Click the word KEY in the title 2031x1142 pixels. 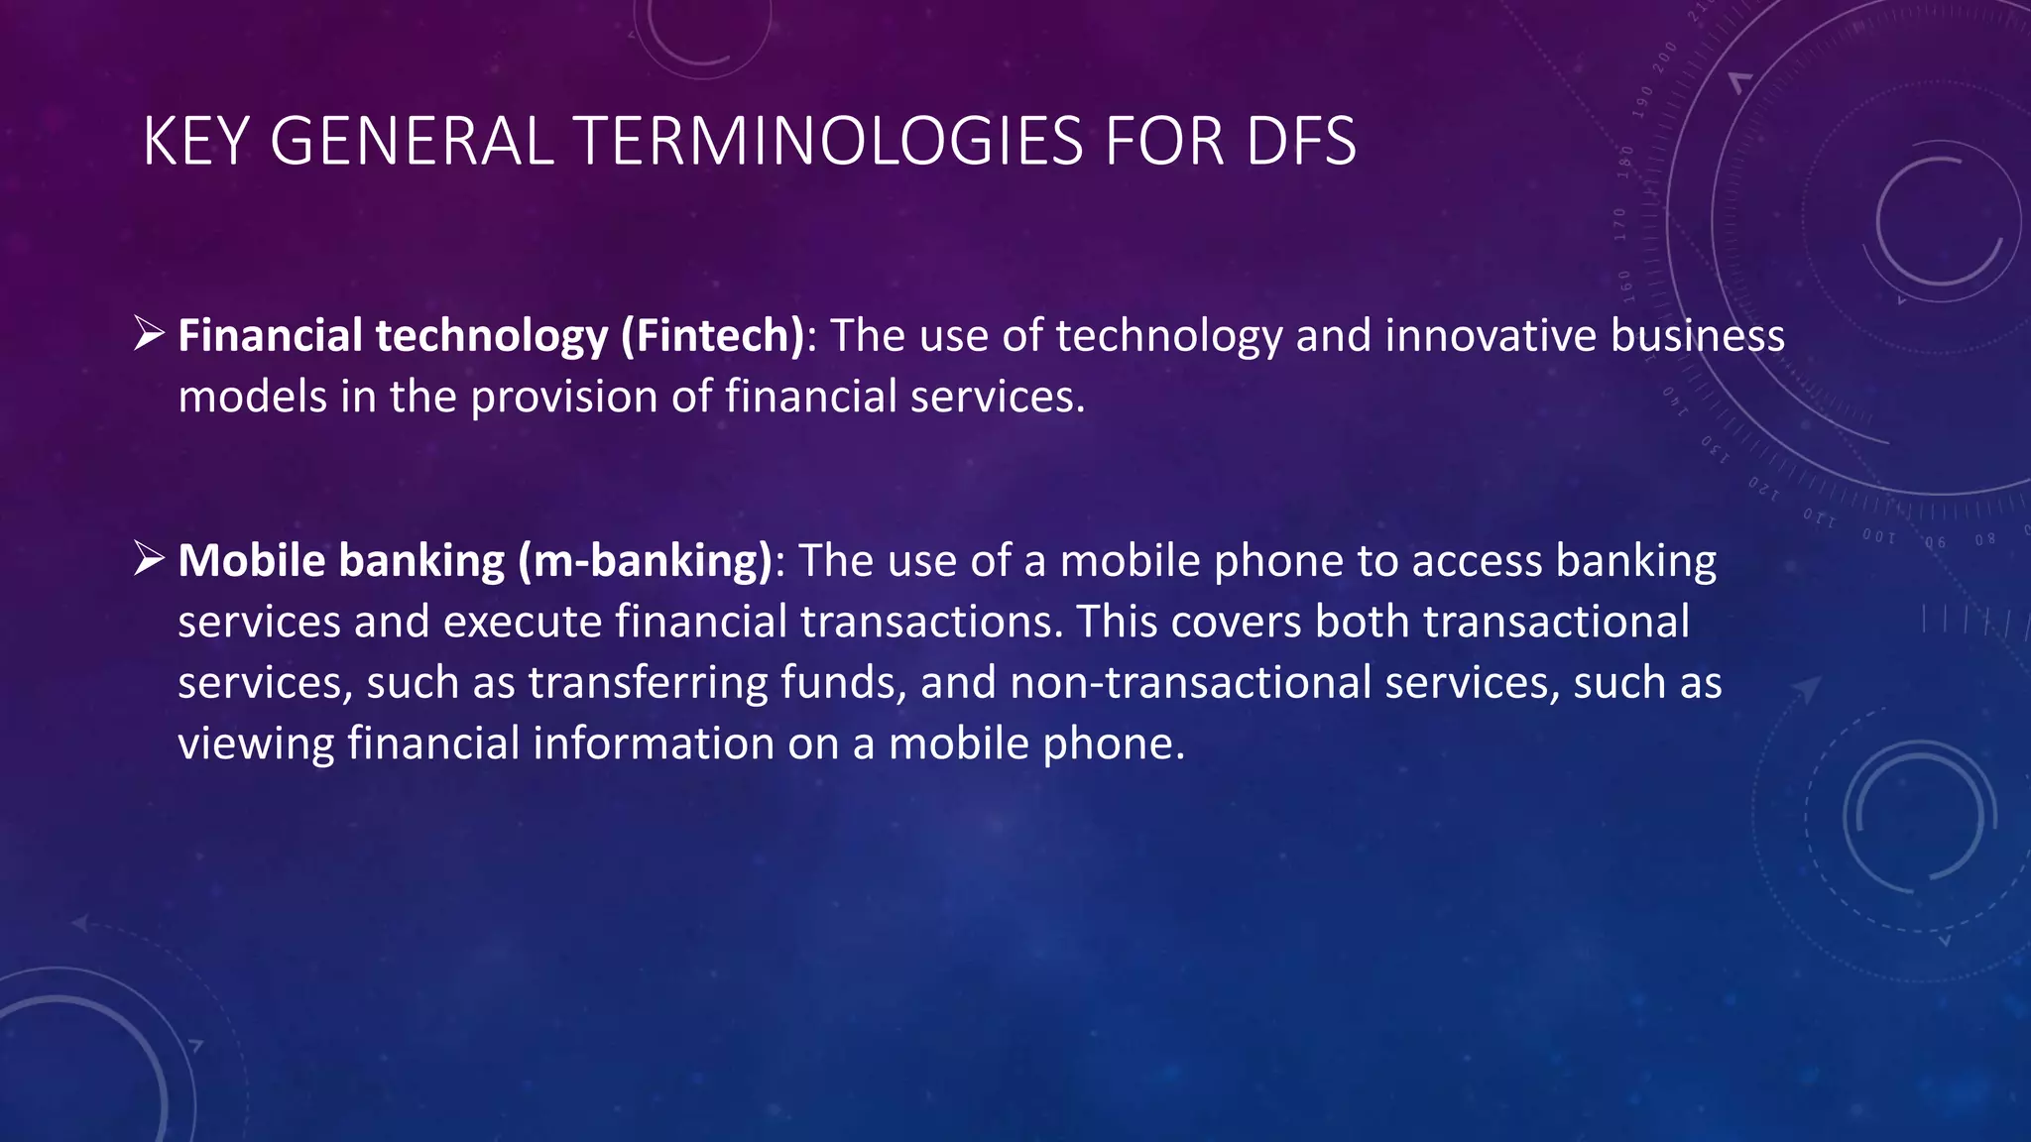point(194,142)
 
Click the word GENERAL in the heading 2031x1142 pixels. point(411,142)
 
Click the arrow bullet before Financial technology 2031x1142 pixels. point(149,334)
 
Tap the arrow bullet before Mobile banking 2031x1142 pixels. point(149,559)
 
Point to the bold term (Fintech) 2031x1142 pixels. point(713,336)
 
